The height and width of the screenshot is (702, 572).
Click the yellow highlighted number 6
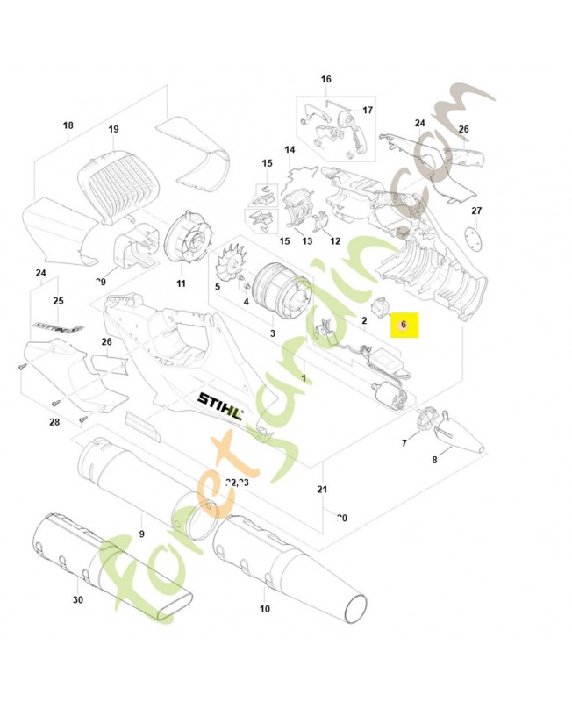[404, 325]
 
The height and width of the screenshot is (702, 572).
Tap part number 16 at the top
[326, 80]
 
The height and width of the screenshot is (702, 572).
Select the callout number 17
[368, 111]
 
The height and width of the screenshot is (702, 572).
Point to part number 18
[68, 125]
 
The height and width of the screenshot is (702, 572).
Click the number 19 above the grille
[113, 130]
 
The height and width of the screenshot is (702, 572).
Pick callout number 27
[476, 211]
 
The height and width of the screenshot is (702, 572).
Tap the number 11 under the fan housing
[181, 283]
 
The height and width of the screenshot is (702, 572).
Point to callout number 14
[290, 150]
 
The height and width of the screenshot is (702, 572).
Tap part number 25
[59, 301]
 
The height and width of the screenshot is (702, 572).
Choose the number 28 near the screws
[54, 423]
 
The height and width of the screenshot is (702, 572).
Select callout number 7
[404, 444]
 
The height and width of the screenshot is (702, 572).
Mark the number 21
[322, 489]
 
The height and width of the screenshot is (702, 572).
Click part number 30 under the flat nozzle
[78, 600]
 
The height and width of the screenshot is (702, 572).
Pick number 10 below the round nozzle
[265, 608]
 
